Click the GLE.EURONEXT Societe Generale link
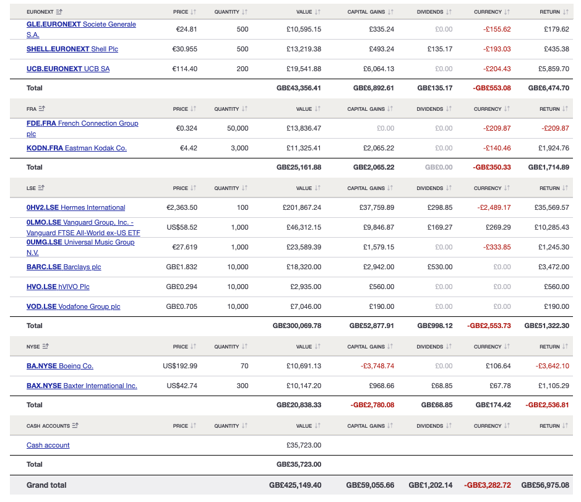click(x=80, y=25)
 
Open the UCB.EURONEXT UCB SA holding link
click(x=68, y=69)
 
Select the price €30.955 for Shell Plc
click(x=184, y=49)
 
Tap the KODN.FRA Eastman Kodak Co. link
click(x=77, y=148)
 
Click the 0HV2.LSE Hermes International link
click(x=75, y=207)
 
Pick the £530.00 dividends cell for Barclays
click(x=440, y=267)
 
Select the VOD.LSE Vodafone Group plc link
click(x=73, y=306)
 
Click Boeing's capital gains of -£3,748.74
click(x=377, y=366)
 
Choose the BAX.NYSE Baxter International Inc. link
click(x=82, y=386)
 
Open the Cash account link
click(x=48, y=445)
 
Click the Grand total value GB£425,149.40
click(x=295, y=485)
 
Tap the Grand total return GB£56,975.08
click(x=545, y=485)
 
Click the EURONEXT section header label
click(x=40, y=12)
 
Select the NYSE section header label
click(x=33, y=347)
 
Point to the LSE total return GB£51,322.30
click(x=546, y=326)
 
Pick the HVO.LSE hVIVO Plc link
click(x=58, y=287)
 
